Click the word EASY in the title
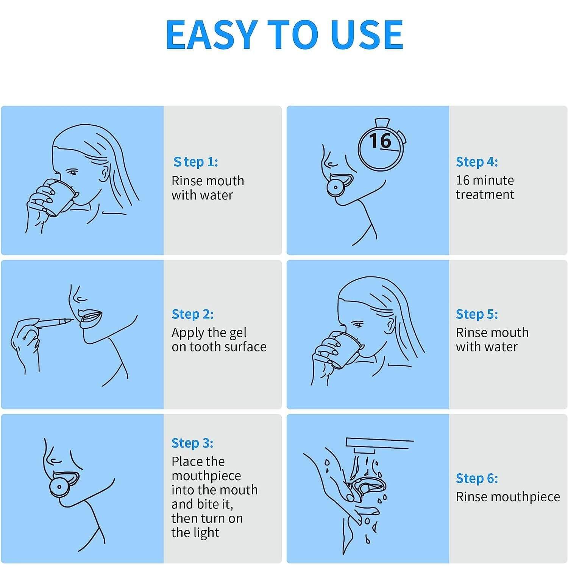coord(211,35)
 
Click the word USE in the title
coord(367,35)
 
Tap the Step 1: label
coord(195,162)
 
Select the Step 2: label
coord(192,314)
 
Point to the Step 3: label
coord(192,443)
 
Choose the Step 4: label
coord(477,162)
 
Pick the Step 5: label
coord(477,314)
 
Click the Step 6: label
coord(477,478)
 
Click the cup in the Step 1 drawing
coord(59,197)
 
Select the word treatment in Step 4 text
coord(485,195)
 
